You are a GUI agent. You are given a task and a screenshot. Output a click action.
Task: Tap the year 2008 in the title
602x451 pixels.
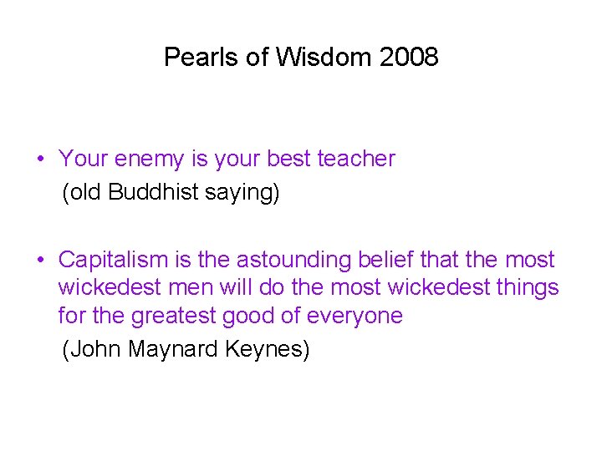pyautogui.click(x=409, y=58)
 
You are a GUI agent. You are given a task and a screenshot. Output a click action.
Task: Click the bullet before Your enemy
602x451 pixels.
pyautogui.click(x=40, y=159)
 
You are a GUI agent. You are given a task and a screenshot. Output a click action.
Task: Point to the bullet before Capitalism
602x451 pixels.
pyautogui.click(x=40, y=261)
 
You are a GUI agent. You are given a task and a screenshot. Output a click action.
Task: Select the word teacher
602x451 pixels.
pyautogui.click(x=356, y=159)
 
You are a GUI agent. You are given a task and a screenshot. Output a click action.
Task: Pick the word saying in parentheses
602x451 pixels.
pyautogui.click(x=242, y=193)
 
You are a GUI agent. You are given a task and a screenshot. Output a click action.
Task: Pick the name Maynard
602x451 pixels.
pyautogui.click(x=174, y=349)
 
